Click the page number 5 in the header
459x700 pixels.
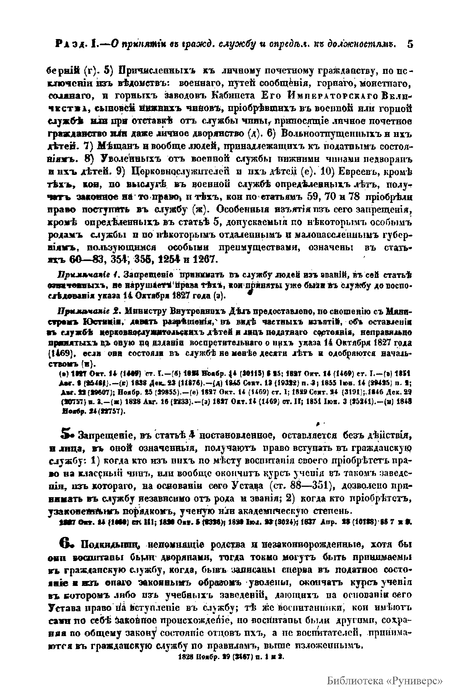410,44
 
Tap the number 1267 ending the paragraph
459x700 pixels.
204,259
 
